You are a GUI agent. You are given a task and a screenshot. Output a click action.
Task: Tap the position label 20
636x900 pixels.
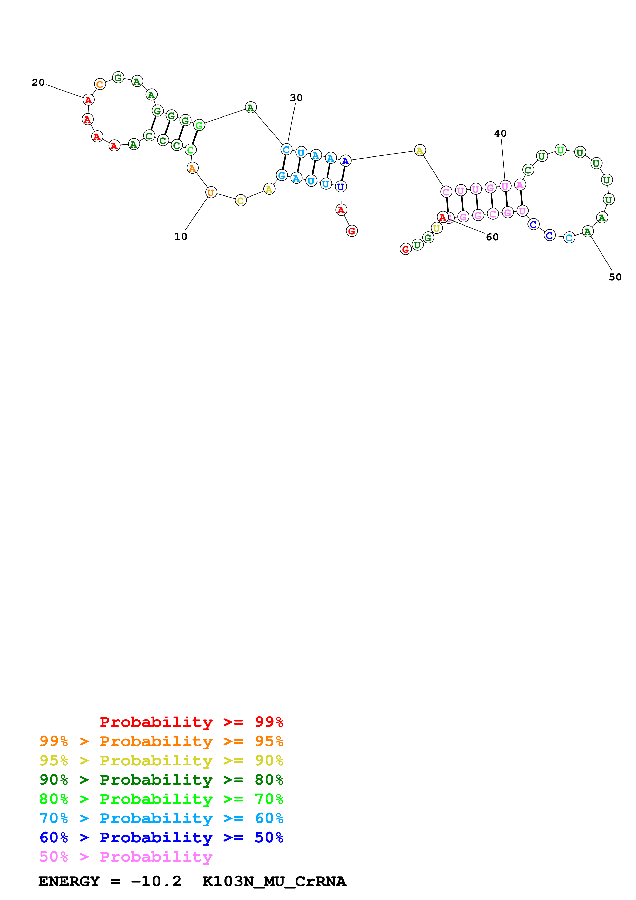point(38,82)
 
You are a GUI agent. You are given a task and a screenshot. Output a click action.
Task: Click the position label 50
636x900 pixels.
point(615,277)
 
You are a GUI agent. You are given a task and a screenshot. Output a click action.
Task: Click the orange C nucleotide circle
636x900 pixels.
point(100,84)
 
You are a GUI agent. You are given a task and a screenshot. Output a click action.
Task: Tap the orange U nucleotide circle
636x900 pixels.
point(211,192)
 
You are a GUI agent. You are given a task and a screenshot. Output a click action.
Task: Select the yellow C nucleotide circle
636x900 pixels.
point(241,200)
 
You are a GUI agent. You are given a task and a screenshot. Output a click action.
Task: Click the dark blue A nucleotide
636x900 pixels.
point(345,161)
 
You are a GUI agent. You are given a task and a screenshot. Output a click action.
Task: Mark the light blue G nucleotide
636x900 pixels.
point(282,175)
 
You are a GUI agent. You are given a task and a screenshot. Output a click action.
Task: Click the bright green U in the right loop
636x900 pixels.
point(561,150)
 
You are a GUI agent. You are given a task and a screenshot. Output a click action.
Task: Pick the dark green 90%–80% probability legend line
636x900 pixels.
point(161,780)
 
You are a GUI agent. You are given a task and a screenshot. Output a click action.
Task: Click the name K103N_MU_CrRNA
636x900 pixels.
point(274,882)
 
